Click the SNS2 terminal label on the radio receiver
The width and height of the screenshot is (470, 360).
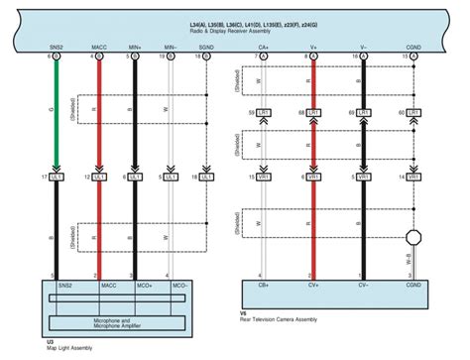click(x=56, y=47)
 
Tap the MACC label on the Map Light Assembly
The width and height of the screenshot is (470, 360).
click(x=108, y=285)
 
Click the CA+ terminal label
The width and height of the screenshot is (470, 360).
click(x=264, y=47)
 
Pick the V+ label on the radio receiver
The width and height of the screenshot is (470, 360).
click(x=313, y=47)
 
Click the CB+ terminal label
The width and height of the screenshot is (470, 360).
click(x=265, y=285)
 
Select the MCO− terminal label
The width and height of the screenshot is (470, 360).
click(x=178, y=285)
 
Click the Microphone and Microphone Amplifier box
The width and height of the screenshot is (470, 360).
click(x=117, y=322)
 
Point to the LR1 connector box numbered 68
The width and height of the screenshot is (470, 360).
click(x=319, y=113)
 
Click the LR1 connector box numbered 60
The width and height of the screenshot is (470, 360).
click(x=416, y=113)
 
